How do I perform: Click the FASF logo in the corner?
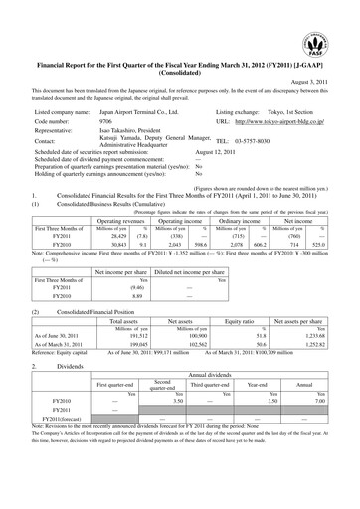tap(332, 22)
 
